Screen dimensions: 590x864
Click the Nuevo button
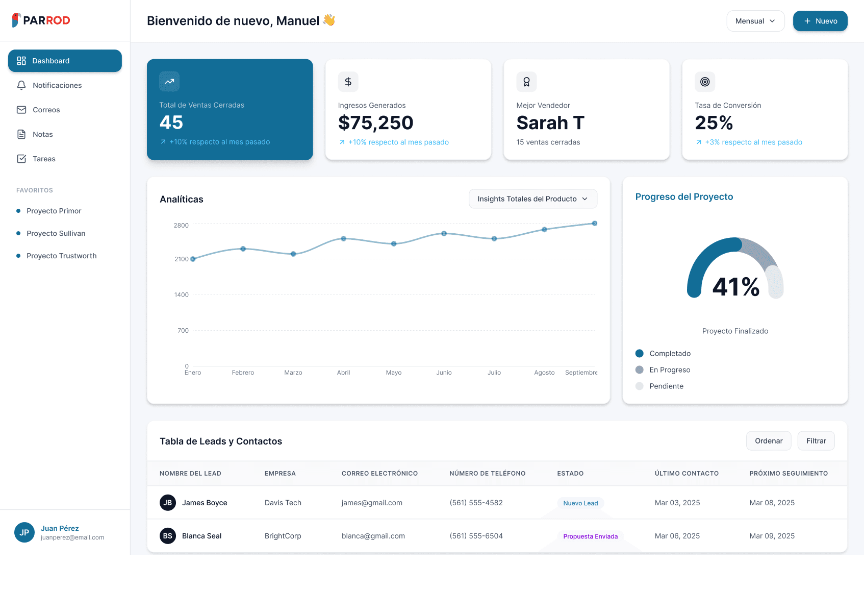(x=820, y=21)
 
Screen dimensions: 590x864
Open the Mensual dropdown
(x=755, y=21)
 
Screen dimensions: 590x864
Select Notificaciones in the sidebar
(x=57, y=85)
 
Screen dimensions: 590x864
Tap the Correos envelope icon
(x=21, y=110)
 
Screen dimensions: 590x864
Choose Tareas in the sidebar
(x=44, y=159)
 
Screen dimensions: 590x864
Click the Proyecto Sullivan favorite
(x=56, y=233)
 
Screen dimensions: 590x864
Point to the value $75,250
(x=375, y=123)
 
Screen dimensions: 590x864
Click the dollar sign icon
(x=348, y=82)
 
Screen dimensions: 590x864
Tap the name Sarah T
(x=550, y=123)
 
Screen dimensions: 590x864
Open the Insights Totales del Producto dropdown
(x=532, y=199)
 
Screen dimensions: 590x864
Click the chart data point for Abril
(x=343, y=238)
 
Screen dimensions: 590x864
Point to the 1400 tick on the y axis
(x=182, y=295)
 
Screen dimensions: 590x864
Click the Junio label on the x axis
(x=444, y=373)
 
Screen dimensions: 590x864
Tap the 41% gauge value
(x=735, y=287)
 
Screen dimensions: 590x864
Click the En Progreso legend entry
(x=669, y=370)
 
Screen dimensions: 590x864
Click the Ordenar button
(x=768, y=441)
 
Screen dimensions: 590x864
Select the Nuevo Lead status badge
(x=580, y=503)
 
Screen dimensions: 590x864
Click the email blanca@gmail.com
(x=373, y=536)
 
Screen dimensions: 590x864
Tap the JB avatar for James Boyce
(x=168, y=503)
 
